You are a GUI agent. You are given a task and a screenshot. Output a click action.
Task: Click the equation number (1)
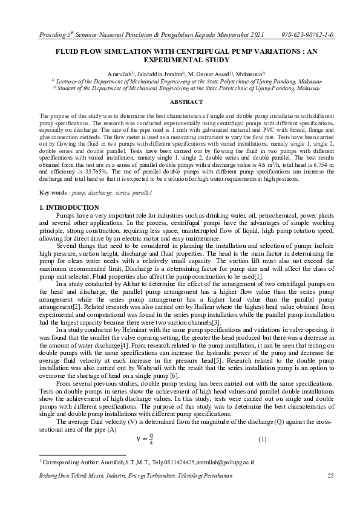[x=262, y=439]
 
